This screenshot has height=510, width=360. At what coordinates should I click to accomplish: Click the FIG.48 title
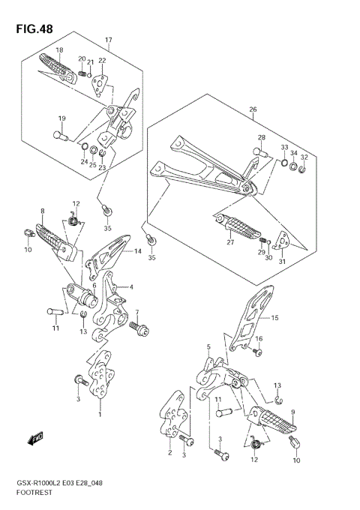pos(34,29)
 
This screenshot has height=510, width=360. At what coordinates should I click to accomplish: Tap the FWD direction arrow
pos(35,438)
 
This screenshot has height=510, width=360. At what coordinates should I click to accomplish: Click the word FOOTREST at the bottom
pos(34,493)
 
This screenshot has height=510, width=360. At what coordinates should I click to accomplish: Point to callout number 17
pos(108,40)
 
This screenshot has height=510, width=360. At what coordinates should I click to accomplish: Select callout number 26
pos(253,109)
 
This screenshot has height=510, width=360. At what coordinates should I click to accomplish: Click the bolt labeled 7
pos(139,328)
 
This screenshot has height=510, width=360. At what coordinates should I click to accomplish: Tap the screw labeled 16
pos(256,352)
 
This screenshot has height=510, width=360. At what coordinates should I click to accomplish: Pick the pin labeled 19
pos(61,136)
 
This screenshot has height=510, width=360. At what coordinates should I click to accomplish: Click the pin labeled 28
pos(260,152)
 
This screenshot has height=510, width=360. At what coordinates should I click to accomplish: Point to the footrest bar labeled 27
pos(238,226)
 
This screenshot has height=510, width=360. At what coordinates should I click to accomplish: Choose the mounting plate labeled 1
pos(100,374)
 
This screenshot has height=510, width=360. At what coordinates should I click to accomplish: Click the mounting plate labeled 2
pos(173,414)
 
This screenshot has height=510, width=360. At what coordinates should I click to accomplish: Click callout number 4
pos(131,287)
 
